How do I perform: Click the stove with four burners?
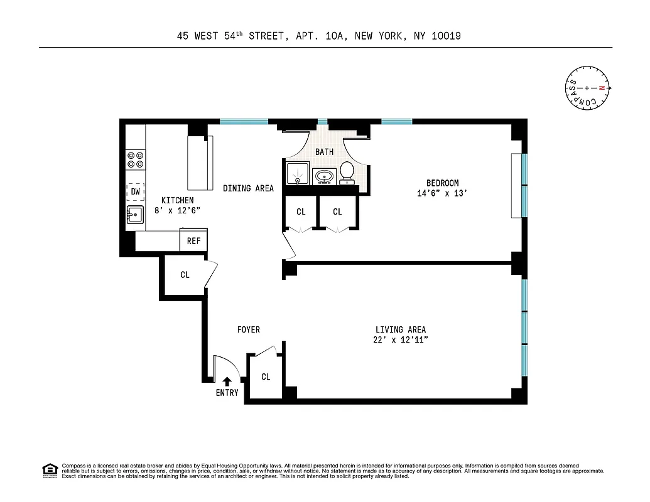tap(135, 159)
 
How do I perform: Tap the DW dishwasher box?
tap(135, 191)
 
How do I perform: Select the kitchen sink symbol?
tap(135, 215)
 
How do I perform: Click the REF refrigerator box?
tap(193, 240)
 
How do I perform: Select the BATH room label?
tap(324, 152)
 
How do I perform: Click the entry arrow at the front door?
tap(227, 380)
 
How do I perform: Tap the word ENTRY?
tap(227, 393)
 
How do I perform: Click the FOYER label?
tap(248, 329)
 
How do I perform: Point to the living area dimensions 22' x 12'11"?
tap(401, 340)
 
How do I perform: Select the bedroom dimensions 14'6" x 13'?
tap(443, 194)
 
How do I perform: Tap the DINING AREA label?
tap(248, 188)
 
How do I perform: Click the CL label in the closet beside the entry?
tap(266, 376)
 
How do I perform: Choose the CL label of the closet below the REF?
tap(185, 275)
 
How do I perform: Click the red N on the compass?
tap(601, 88)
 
